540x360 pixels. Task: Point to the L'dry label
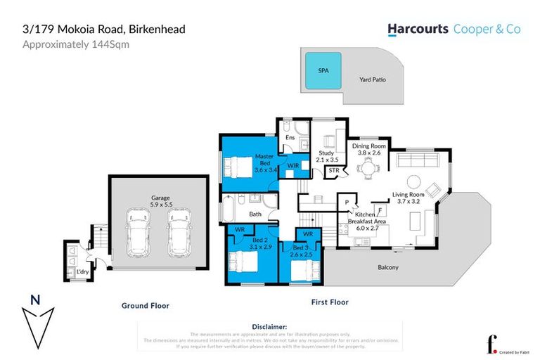72,271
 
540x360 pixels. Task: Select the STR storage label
334,170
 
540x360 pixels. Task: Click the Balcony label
388,268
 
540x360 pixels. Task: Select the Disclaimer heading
269,327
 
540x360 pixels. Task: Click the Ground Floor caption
145,306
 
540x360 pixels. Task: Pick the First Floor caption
330,302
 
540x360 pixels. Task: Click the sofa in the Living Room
417,162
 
